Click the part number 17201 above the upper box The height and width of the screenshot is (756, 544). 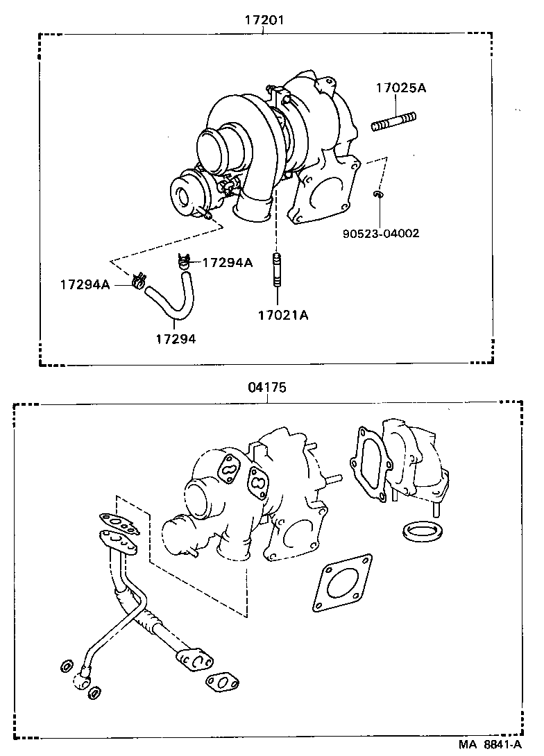[264, 21]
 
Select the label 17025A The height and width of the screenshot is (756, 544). [400, 88]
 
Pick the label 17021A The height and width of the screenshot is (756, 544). [282, 316]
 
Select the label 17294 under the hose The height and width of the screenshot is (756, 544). [175, 338]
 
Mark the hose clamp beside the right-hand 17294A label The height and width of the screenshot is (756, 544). [183, 261]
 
